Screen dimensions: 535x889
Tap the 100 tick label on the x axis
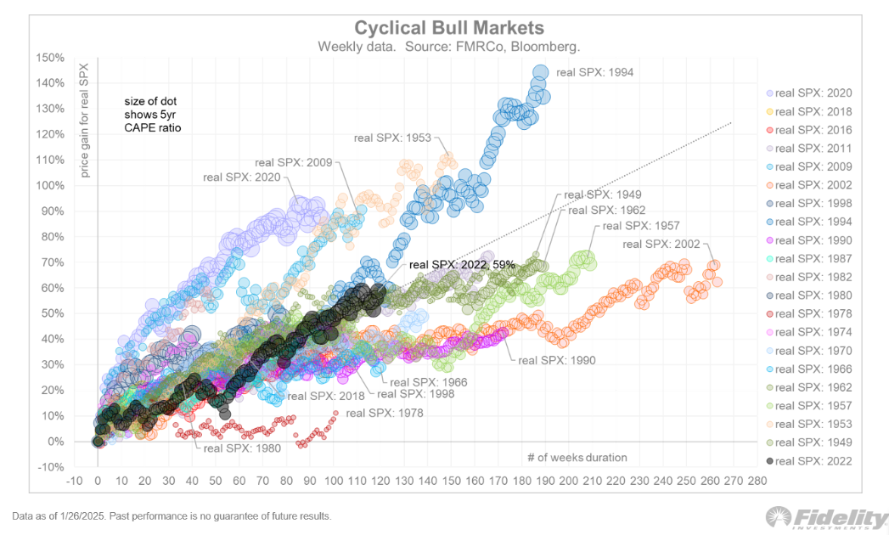tap(333, 480)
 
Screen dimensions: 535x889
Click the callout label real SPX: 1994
tap(594, 72)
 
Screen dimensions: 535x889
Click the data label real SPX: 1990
tap(557, 360)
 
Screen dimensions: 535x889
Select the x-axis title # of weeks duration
tap(577, 457)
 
